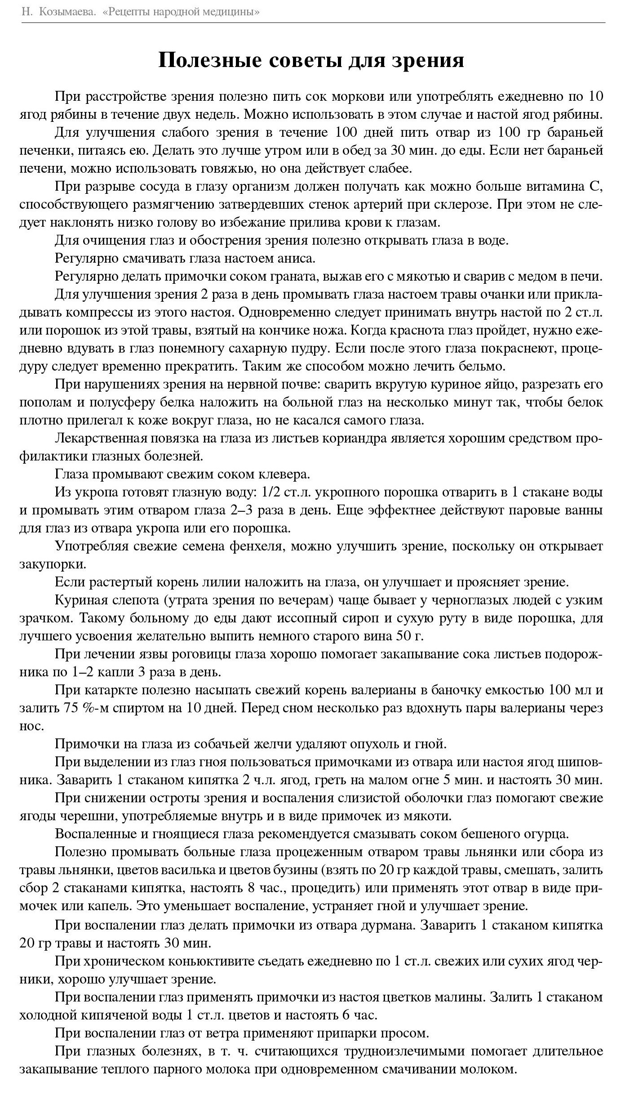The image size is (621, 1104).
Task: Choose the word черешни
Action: click(86, 816)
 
